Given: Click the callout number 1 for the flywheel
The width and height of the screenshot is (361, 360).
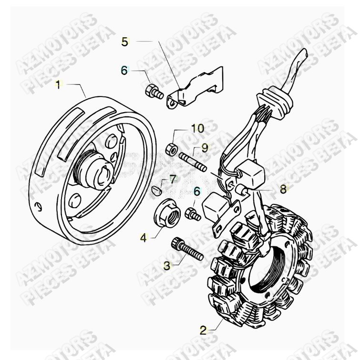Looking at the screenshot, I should (x=58, y=85).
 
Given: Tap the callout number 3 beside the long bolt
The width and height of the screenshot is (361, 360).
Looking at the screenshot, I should (x=167, y=265).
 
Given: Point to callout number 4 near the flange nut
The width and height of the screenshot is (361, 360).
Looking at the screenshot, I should (x=144, y=236).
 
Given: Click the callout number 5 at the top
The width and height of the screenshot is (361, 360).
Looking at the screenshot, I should (x=124, y=42).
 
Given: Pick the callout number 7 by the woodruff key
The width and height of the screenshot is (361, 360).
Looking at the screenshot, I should (x=172, y=180).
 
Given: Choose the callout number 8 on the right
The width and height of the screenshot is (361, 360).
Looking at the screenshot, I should (x=283, y=189).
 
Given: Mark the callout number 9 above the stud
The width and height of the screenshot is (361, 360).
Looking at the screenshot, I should (x=204, y=148).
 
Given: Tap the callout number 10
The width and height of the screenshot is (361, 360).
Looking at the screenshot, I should (x=197, y=128).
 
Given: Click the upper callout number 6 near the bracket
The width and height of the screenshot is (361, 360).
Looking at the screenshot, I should (x=124, y=71).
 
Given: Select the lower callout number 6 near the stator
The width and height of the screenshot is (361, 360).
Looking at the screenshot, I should (x=196, y=191).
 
